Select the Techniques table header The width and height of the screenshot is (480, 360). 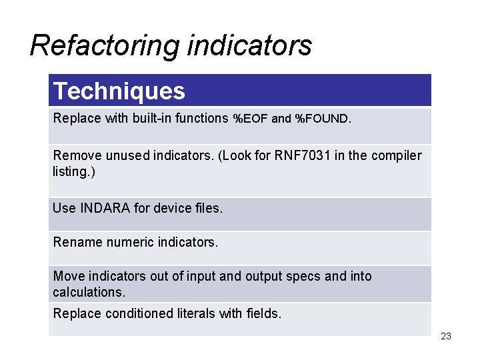119,91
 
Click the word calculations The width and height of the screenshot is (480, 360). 88,293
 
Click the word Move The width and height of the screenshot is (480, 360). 67,276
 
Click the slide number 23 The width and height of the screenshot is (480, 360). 446,336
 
